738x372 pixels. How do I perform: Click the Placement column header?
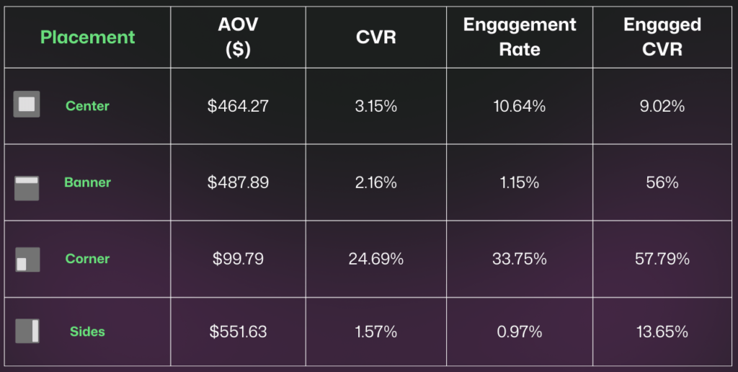87,37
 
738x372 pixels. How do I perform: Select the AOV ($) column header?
238,37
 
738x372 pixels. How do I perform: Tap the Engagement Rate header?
519,37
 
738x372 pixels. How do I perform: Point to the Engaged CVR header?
662,37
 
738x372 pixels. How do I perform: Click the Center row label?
87,106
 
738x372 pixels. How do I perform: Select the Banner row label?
87,182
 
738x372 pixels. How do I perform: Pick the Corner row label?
87,259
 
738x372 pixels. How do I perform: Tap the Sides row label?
87,332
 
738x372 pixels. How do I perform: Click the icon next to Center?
27,105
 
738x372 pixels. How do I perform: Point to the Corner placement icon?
27,260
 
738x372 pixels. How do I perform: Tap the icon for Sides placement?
27,331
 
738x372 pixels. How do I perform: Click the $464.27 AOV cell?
238,106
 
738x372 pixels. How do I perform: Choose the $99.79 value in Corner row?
238,259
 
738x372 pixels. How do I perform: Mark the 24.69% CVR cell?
375,259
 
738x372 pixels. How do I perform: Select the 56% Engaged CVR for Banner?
662,182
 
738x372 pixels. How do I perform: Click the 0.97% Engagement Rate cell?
519,332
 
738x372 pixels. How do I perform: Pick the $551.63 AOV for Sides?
238,332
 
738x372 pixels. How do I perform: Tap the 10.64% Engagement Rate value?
519,106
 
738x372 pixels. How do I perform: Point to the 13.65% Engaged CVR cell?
662,332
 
